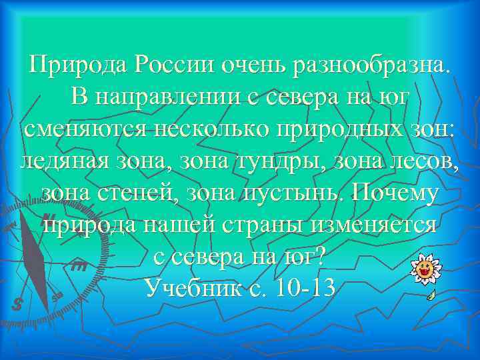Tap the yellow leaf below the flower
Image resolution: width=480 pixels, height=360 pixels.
[431, 293]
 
